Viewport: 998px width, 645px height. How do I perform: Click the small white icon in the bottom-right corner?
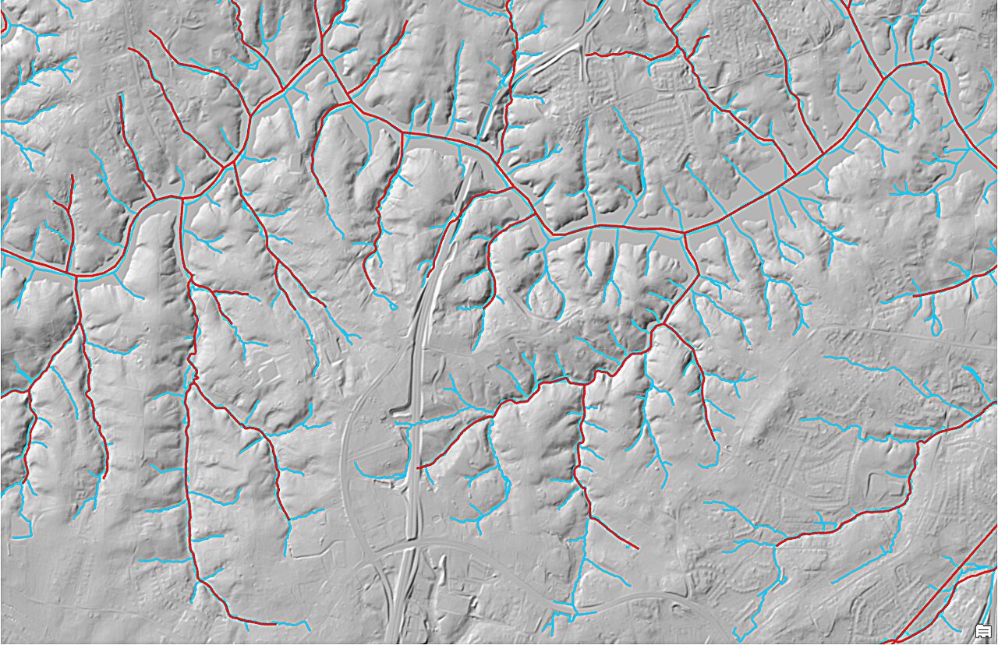[982, 630]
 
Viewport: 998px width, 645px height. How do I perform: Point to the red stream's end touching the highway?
[421, 467]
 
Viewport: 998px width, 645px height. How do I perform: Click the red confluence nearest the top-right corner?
[884, 78]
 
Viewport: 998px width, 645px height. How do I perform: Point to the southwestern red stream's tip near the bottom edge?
[273, 624]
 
